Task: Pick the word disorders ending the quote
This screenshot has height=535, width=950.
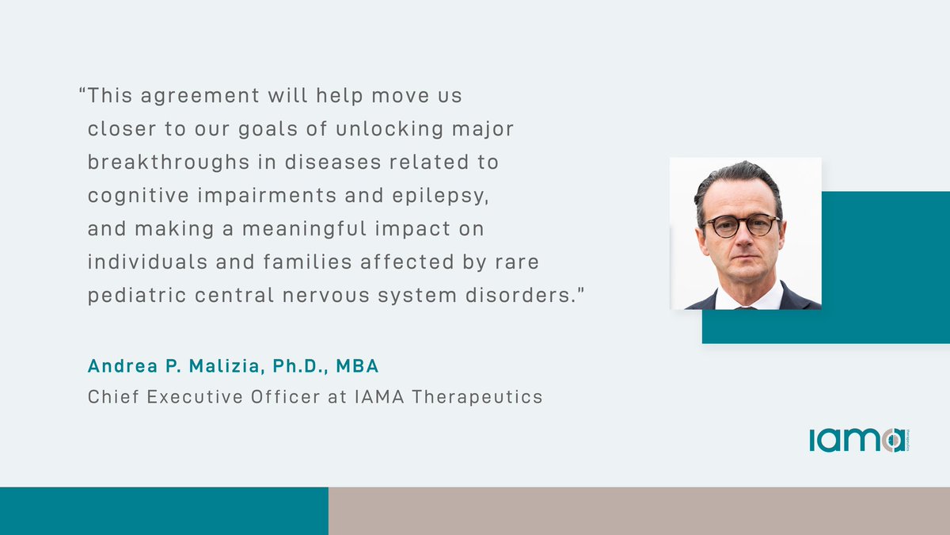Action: (x=522, y=296)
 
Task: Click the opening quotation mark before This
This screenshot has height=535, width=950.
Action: (x=82, y=93)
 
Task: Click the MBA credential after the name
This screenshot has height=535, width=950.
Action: (x=359, y=367)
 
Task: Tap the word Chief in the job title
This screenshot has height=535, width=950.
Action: (x=110, y=396)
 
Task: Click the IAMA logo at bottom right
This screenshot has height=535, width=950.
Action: (x=857, y=440)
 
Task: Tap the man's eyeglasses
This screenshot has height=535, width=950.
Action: (x=742, y=226)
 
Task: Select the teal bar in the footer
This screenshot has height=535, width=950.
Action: (x=164, y=511)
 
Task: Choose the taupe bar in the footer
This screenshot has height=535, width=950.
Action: (x=639, y=511)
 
